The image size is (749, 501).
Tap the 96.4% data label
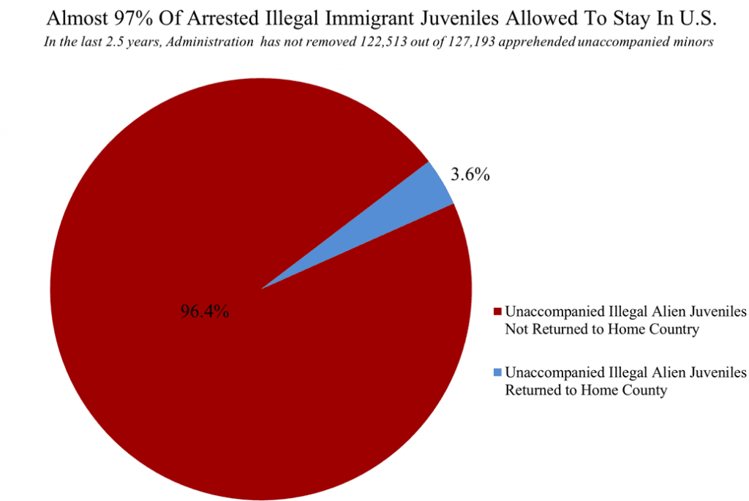(205, 312)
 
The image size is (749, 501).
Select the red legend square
(498, 312)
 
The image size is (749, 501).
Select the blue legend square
(498, 372)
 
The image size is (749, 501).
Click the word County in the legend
(643, 391)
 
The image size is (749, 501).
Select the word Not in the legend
(516, 329)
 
